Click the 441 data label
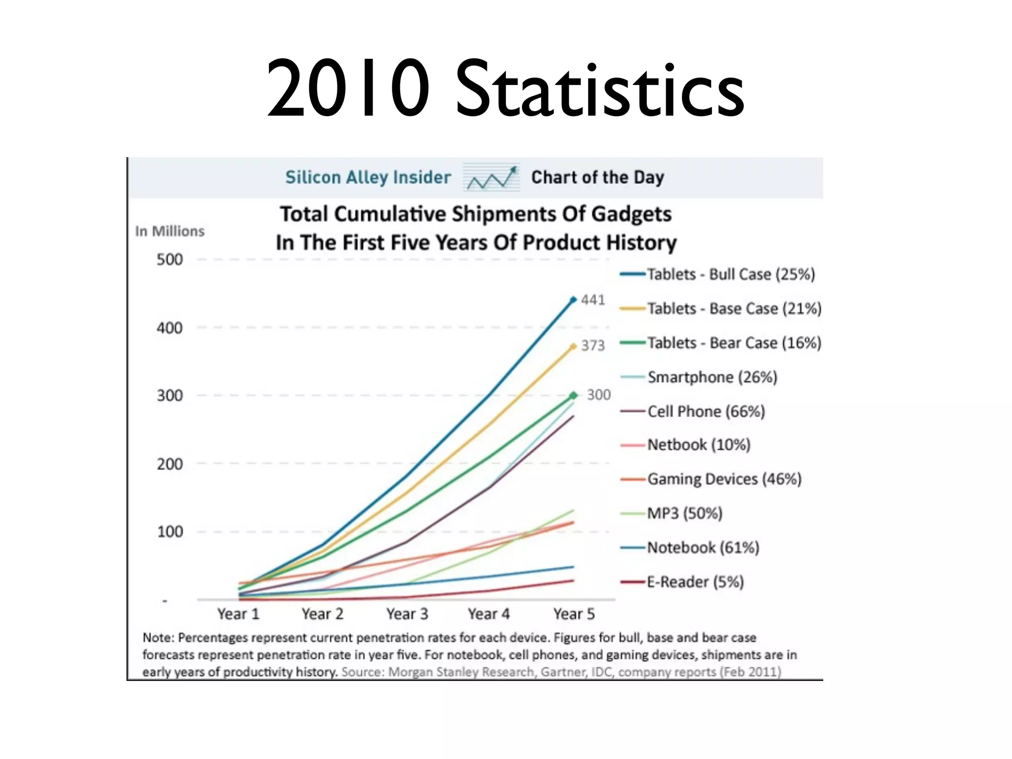coord(593,300)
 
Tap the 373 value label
coord(593,345)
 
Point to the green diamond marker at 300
coord(573,395)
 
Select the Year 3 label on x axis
coord(407,614)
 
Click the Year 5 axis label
coord(574,614)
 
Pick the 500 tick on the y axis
coord(169,259)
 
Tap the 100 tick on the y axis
coord(169,532)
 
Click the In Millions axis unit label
coord(169,231)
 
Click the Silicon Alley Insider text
coord(368,177)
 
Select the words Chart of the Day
coord(597,177)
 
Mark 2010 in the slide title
coord(348,89)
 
